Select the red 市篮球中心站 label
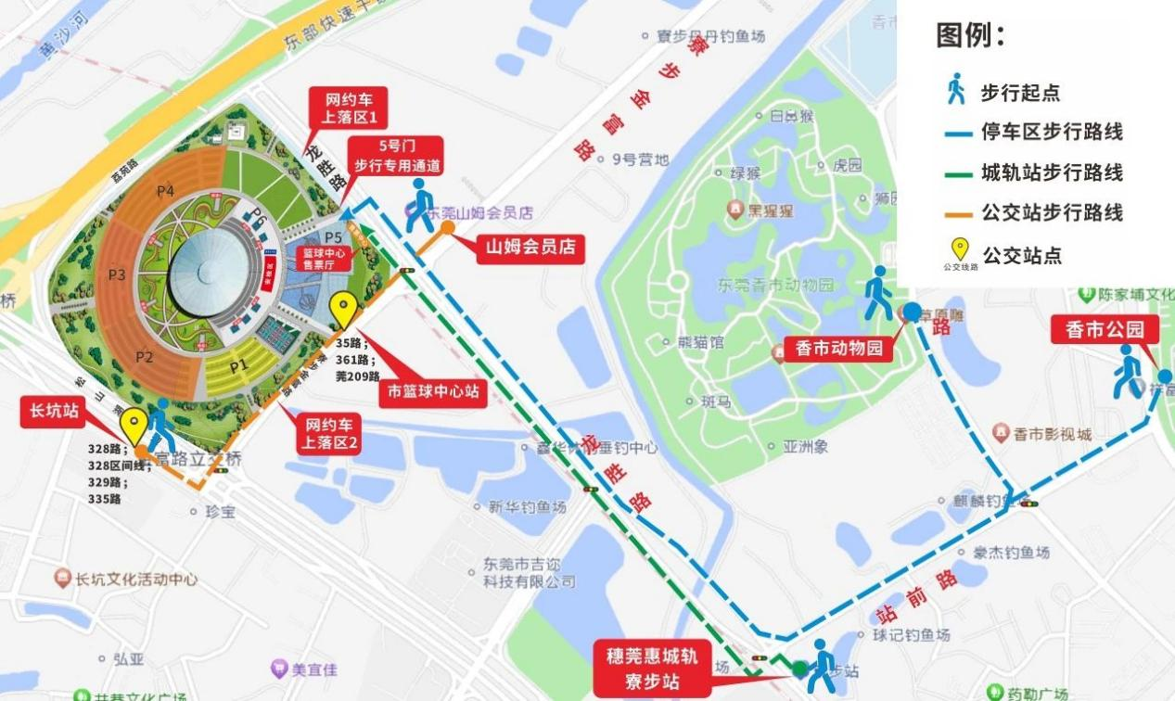click(x=433, y=391)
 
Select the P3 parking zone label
click(x=117, y=274)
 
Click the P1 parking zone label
click(x=239, y=365)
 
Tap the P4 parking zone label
click(x=165, y=191)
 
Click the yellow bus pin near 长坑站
click(x=134, y=426)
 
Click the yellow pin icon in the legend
click(x=960, y=249)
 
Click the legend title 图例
click(x=970, y=36)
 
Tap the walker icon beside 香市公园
click(x=1128, y=371)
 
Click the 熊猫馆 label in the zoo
click(x=700, y=342)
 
